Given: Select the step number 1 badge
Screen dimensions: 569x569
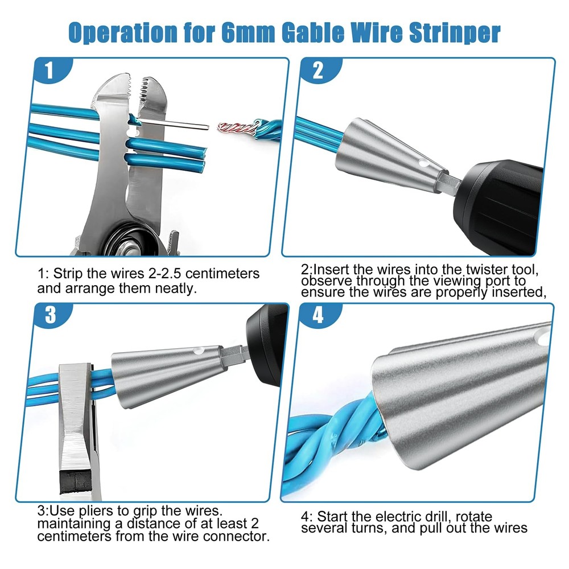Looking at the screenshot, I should point(50,72).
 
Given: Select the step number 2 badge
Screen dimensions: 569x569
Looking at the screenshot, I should point(318,71).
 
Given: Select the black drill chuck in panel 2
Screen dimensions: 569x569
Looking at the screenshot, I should point(501,199).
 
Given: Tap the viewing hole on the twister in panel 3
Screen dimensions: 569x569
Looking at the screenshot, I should point(199,351).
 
